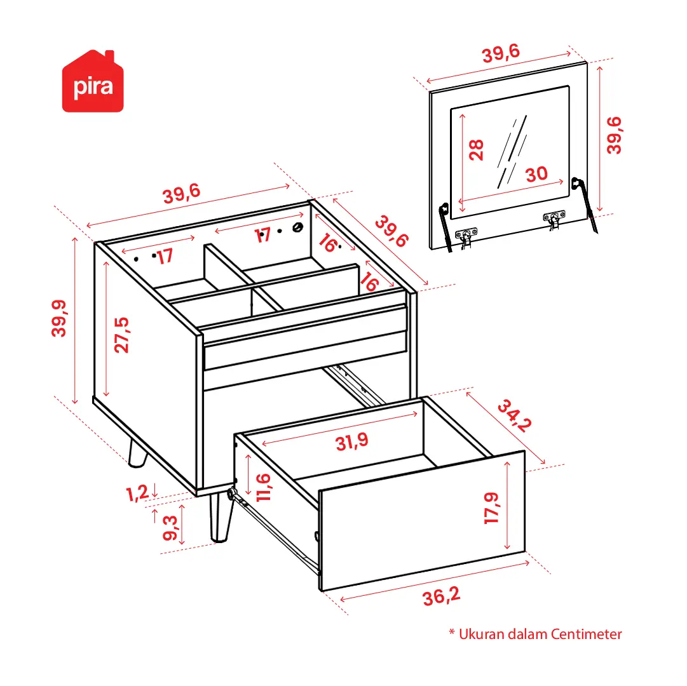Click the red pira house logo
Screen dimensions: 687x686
coord(93,81)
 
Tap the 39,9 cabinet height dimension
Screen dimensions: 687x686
coord(59,318)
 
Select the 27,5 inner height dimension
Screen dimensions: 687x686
coord(122,335)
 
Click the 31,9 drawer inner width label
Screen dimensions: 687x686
coord(352,441)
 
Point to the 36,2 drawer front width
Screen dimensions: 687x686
coord(441,596)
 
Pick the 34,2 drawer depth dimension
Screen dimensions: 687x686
coord(515,415)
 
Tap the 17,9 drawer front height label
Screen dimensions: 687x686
coord(491,508)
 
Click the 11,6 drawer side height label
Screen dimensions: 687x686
coord(263,487)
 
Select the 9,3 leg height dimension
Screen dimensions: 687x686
coord(170,528)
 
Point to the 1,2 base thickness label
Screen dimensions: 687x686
coord(137,494)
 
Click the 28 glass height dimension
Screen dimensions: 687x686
coord(476,150)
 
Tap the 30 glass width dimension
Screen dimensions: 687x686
coord(536,174)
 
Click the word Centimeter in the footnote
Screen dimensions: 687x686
coord(586,634)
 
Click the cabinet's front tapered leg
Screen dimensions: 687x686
coord(221,518)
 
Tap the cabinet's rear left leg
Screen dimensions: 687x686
coord(137,453)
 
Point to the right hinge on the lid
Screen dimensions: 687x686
coord(554,219)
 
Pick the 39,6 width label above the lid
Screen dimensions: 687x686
coord(501,53)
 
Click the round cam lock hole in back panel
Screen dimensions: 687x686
coord(298,227)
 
